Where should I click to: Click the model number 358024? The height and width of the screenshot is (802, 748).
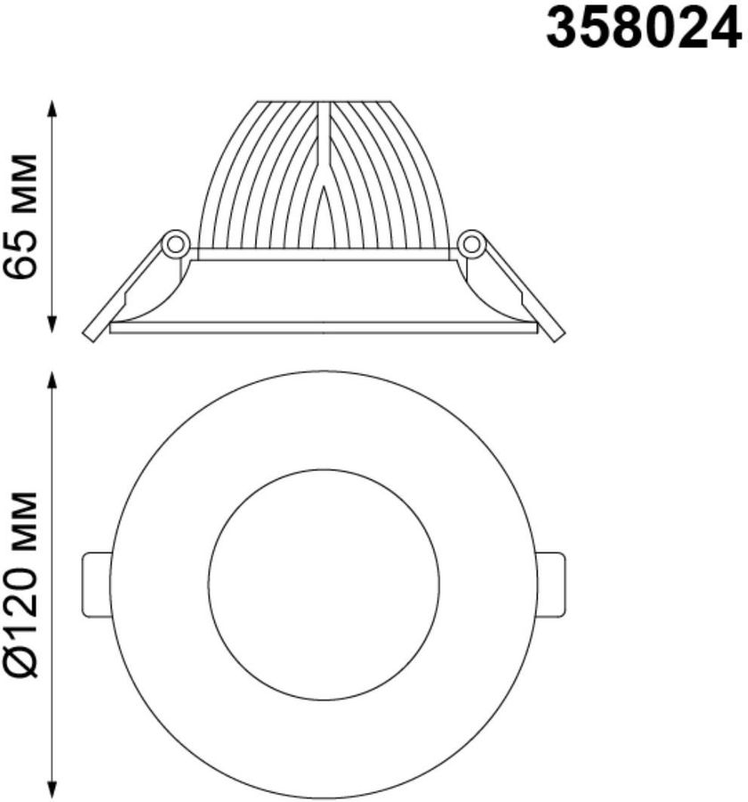pos(644,30)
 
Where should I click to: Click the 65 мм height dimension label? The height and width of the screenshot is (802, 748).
pos(20,216)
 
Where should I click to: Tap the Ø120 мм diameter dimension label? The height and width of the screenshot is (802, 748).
pos(20,585)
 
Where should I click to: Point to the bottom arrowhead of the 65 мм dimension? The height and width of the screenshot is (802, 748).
pos(51,323)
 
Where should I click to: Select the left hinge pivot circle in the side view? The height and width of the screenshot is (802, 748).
pos(176,244)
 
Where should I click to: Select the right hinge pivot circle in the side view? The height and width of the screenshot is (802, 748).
pos(471,244)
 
